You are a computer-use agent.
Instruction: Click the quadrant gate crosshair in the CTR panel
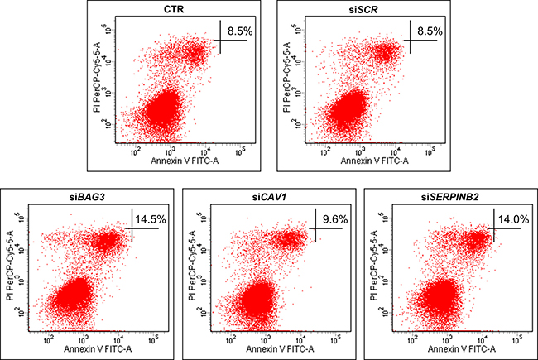point(219,40)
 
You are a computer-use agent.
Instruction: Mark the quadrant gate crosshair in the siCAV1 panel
point(310,228)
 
